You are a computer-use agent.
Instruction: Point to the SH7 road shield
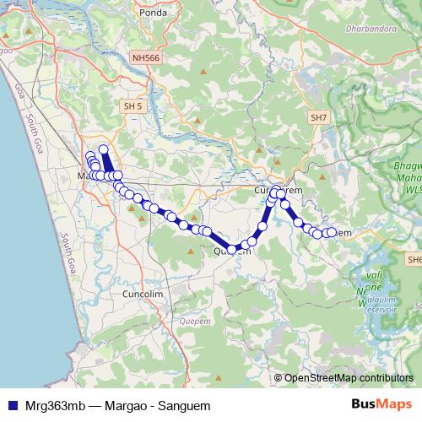pos(318,118)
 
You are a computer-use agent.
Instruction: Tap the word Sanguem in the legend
pos(183,405)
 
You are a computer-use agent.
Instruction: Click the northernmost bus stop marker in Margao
pos(104,149)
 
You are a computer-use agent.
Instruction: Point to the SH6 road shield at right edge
pos(414,260)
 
